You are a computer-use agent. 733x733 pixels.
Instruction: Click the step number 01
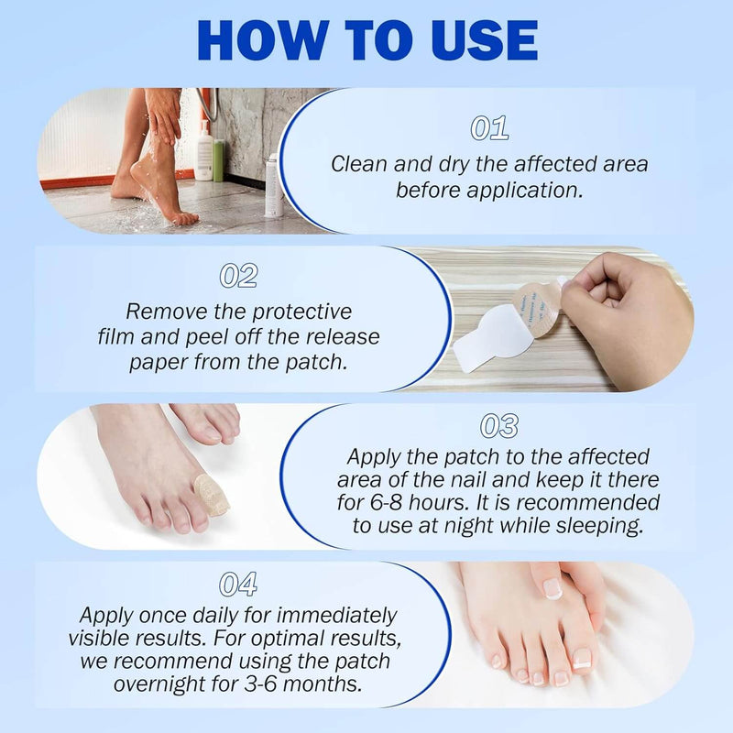(x=489, y=128)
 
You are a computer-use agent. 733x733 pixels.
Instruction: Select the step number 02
(x=238, y=276)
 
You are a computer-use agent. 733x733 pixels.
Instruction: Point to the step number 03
(x=499, y=425)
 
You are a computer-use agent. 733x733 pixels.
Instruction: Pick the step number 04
(x=238, y=584)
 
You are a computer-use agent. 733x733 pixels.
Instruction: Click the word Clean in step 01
(x=360, y=165)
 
